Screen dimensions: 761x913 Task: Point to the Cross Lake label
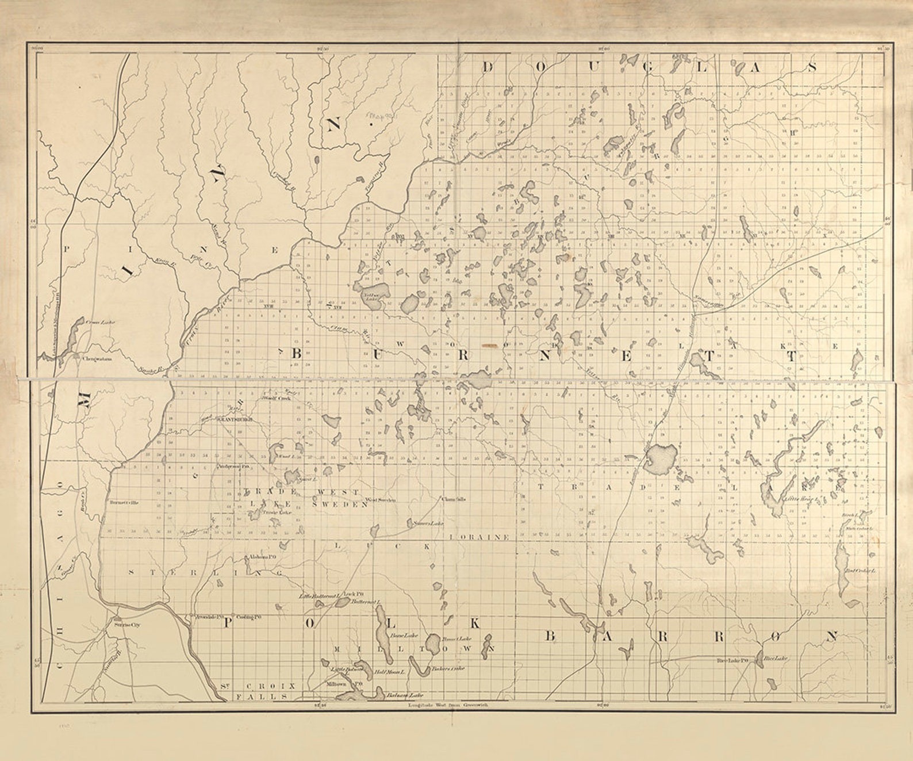click(x=101, y=322)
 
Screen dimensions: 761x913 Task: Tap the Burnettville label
click(x=125, y=502)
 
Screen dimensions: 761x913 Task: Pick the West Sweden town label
click(x=381, y=500)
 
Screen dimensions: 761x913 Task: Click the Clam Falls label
click(x=453, y=499)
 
